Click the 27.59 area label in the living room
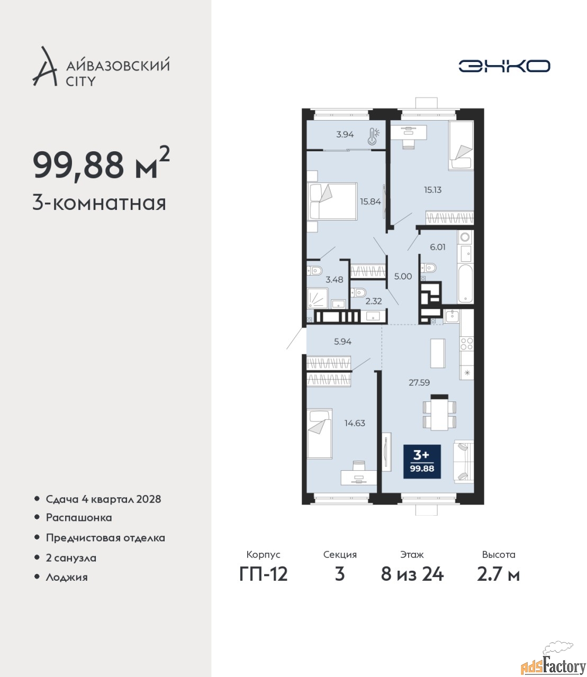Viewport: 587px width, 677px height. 419,382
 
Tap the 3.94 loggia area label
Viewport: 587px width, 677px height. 345,134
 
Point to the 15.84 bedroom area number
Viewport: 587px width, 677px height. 371,202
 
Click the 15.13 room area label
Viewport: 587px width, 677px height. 432,190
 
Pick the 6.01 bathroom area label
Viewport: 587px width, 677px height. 438,248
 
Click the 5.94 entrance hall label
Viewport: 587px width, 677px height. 342,342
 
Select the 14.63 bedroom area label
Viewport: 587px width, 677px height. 355,423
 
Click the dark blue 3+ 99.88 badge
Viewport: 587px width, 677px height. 422,462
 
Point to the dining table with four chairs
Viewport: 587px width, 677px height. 439,413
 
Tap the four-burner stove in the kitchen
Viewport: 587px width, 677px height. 467,344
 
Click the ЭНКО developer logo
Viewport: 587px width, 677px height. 504,66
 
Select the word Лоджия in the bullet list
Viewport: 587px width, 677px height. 67,578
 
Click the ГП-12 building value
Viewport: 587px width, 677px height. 264,574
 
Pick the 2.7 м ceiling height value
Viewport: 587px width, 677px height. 498,574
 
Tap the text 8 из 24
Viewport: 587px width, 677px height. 412,574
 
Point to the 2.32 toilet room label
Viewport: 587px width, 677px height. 374,301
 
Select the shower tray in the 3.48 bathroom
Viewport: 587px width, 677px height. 318,298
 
